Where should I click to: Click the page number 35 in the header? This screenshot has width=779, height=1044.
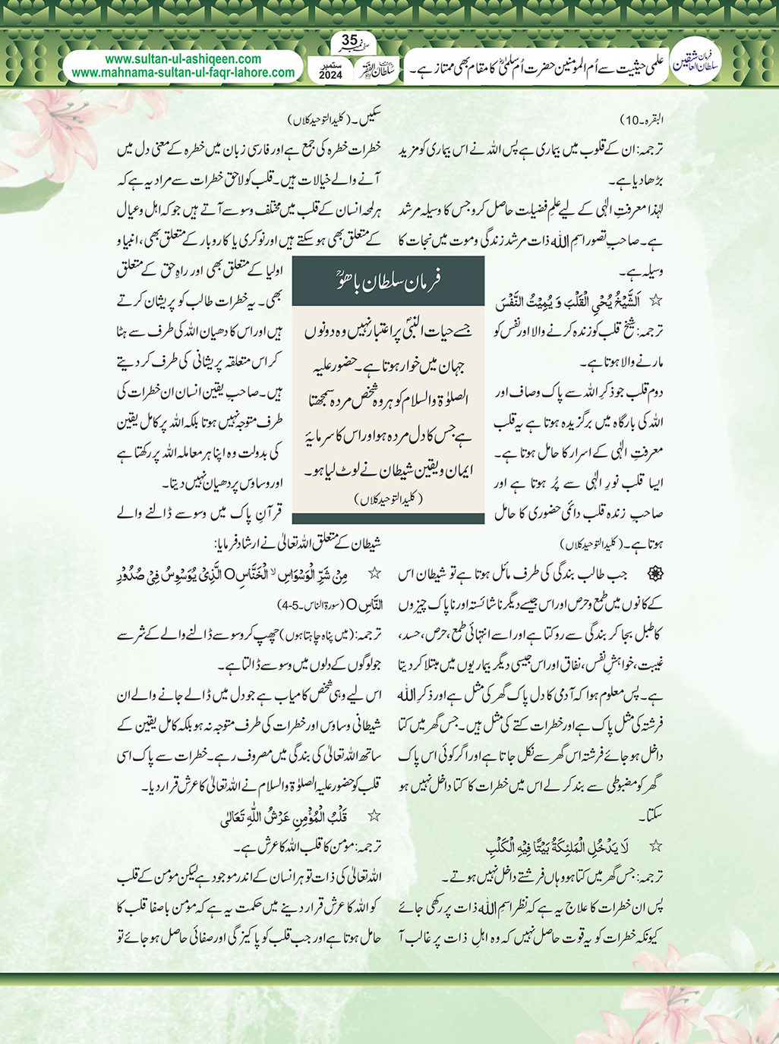[x=349, y=40]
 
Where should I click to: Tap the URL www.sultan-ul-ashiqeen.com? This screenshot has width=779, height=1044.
[x=183, y=59]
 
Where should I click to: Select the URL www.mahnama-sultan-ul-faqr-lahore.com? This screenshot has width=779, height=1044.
[x=183, y=73]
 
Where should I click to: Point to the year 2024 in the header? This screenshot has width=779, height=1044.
[x=330, y=76]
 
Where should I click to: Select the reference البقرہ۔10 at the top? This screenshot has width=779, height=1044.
[x=642, y=120]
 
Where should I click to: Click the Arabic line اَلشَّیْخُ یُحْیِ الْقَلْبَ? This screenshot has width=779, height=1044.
[x=579, y=302]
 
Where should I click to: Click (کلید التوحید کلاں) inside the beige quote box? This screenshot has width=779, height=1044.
[x=388, y=498]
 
